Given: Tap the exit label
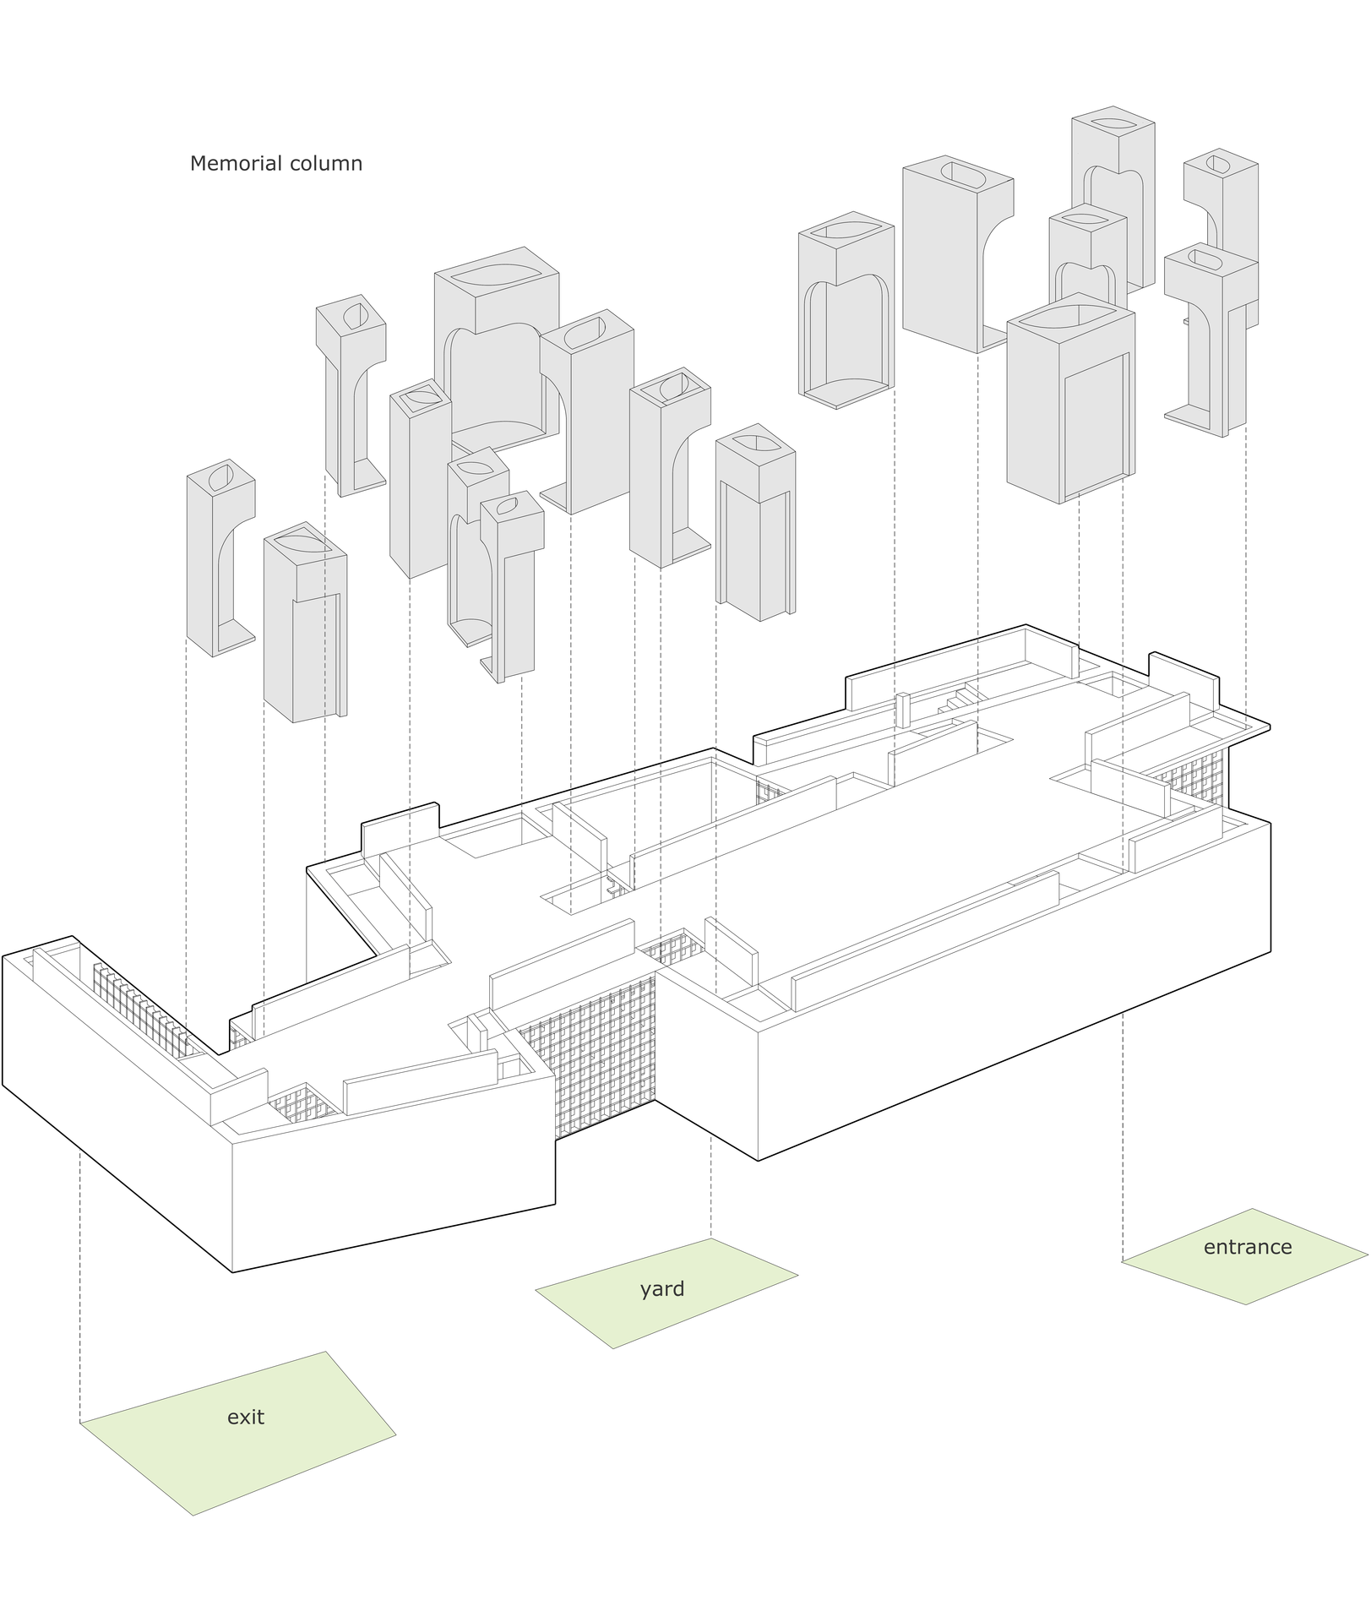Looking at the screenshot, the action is [x=246, y=1417].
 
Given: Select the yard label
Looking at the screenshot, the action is [x=662, y=1290].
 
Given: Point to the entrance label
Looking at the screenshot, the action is [x=1248, y=1247].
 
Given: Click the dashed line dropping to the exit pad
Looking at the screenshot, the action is [x=80, y=1287].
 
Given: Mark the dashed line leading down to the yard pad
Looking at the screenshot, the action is [x=711, y=1187].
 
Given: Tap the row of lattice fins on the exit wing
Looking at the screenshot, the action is [x=144, y=1010].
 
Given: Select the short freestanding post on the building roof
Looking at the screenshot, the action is [x=902, y=710].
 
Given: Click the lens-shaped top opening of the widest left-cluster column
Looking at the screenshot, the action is [x=496, y=275].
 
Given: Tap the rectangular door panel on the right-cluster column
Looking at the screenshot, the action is [x=1096, y=427].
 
